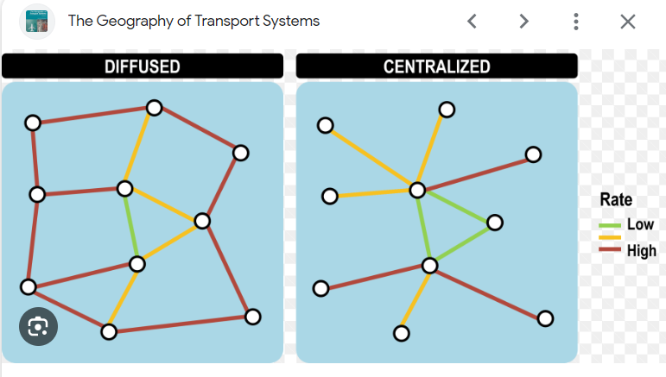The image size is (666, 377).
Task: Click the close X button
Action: click(x=628, y=22)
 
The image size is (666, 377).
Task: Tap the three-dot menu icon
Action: click(x=576, y=22)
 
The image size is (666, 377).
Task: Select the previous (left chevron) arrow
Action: click(x=472, y=22)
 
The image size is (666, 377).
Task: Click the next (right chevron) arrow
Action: click(x=524, y=22)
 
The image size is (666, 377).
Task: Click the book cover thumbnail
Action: click(x=37, y=22)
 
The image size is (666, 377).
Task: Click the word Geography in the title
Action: click(x=135, y=22)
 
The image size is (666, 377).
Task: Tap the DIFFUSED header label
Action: click(x=143, y=66)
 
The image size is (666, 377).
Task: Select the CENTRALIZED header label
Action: click(x=436, y=66)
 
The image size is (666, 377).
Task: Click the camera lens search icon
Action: click(x=38, y=327)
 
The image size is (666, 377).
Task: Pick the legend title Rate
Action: click(x=616, y=199)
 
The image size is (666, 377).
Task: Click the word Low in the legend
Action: click(x=640, y=224)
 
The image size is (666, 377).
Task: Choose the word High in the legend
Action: click(x=641, y=251)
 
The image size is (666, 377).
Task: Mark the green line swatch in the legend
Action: click(x=610, y=225)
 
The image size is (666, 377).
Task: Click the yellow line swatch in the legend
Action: click(x=610, y=237)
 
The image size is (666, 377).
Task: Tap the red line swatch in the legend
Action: click(x=610, y=249)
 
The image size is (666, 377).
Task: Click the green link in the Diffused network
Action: click(x=130, y=226)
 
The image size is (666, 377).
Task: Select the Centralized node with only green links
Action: click(x=495, y=223)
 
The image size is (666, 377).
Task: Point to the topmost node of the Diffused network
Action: click(x=154, y=108)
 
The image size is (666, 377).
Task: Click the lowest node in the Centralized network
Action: click(x=402, y=333)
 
